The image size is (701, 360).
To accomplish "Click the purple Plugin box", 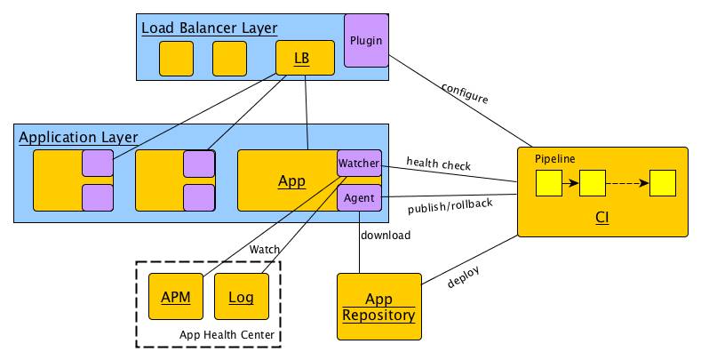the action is click(x=366, y=41).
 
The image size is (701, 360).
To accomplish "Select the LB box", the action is click(x=305, y=58).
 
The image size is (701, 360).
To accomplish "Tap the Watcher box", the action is click(x=359, y=164).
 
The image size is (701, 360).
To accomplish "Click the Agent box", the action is click(x=359, y=197).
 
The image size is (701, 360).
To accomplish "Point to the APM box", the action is click(x=176, y=297).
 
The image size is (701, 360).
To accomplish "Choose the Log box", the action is click(x=242, y=297).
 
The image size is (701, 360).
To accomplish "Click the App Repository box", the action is click(x=379, y=307).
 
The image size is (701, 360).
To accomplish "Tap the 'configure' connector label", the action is click(x=465, y=93).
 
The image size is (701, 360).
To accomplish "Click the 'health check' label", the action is click(x=439, y=164).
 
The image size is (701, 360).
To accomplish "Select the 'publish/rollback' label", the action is click(x=450, y=206).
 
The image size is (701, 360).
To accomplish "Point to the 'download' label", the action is click(x=386, y=236).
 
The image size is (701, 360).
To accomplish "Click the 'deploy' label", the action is click(x=464, y=276).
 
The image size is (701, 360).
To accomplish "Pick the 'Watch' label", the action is click(x=265, y=249).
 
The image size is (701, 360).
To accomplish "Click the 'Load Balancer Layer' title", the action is click(x=209, y=28).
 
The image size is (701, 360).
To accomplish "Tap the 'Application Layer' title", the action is click(x=78, y=137).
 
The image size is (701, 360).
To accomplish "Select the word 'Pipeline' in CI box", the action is click(x=554, y=159).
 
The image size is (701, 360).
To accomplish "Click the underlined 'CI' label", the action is click(x=602, y=218).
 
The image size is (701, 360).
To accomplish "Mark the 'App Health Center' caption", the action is click(x=227, y=334).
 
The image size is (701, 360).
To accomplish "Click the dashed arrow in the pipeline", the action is click(x=627, y=183).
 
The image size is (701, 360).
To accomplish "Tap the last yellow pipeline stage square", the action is click(x=663, y=183).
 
